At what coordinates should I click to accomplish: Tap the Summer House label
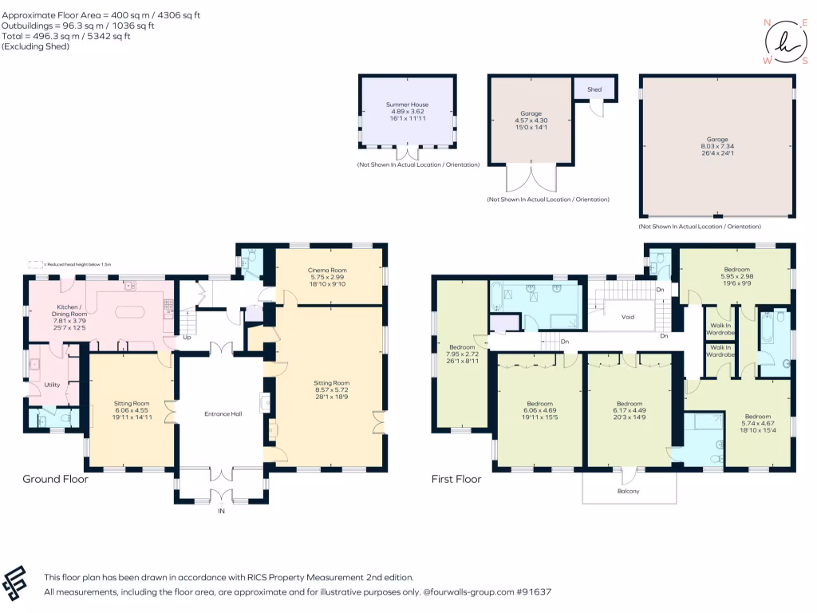click(408, 104)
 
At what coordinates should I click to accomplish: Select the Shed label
click(594, 89)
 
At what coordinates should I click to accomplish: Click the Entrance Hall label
click(223, 413)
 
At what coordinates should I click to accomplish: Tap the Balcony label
click(629, 491)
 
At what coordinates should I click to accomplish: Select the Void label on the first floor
click(628, 317)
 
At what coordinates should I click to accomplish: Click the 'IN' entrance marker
click(222, 511)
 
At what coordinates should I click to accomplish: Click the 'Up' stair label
click(187, 337)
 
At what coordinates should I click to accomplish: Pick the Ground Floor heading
click(55, 480)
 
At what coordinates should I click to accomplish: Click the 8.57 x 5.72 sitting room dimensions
click(331, 390)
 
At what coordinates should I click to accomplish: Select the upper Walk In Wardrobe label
click(720, 329)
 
